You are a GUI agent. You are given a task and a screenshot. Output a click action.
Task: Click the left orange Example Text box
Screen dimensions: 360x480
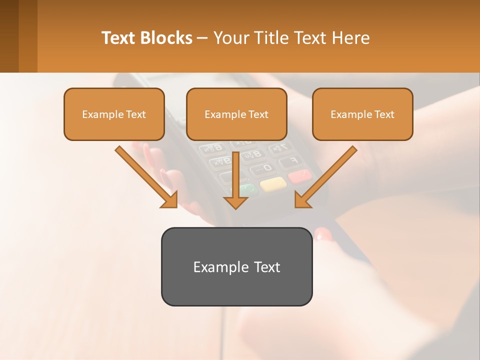pos(114,114)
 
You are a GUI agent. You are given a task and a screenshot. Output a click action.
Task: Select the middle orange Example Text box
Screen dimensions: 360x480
pos(236,114)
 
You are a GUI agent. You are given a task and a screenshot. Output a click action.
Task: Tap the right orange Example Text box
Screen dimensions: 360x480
pos(362,114)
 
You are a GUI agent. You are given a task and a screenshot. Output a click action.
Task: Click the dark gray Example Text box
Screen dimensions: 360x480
pos(236,266)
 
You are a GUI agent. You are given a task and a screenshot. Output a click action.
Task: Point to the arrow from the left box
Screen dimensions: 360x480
pos(147,177)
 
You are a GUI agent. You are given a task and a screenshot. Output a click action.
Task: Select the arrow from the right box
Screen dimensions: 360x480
pos(325,177)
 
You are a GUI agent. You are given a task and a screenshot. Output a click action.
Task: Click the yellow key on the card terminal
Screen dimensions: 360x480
pos(273,183)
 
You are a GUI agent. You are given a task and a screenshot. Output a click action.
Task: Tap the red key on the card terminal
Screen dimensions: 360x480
pos(299,176)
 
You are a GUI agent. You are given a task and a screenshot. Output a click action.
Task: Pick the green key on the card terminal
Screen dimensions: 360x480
pos(248,190)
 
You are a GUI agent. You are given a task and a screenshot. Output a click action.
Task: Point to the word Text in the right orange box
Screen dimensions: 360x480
pos(384,114)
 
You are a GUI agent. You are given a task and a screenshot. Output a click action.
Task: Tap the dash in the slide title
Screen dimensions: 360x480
pos(202,38)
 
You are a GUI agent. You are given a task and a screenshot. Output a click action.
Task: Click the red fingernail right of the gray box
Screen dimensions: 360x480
pos(323,234)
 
